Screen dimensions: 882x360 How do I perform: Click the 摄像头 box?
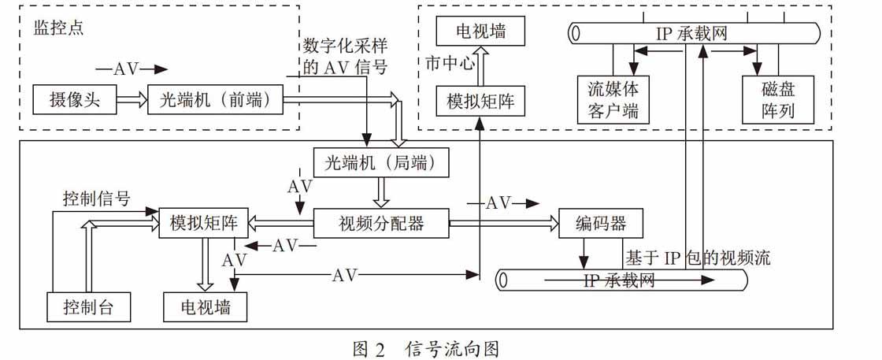point(75,99)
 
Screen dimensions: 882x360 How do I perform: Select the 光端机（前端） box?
point(216,99)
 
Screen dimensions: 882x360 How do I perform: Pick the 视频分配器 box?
point(381,223)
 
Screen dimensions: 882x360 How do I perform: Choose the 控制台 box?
point(88,306)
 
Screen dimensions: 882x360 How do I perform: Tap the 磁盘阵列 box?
point(779,100)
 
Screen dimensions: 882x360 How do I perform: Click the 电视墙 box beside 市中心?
point(481,31)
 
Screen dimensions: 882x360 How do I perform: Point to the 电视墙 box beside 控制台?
point(206,306)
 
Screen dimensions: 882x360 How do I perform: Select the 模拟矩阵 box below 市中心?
point(481,102)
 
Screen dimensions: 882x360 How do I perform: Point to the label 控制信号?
point(97,199)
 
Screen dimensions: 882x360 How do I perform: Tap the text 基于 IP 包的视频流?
point(697,258)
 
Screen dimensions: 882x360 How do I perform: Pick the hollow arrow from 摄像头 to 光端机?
point(132,99)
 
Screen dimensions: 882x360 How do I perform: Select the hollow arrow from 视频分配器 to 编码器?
point(504,223)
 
